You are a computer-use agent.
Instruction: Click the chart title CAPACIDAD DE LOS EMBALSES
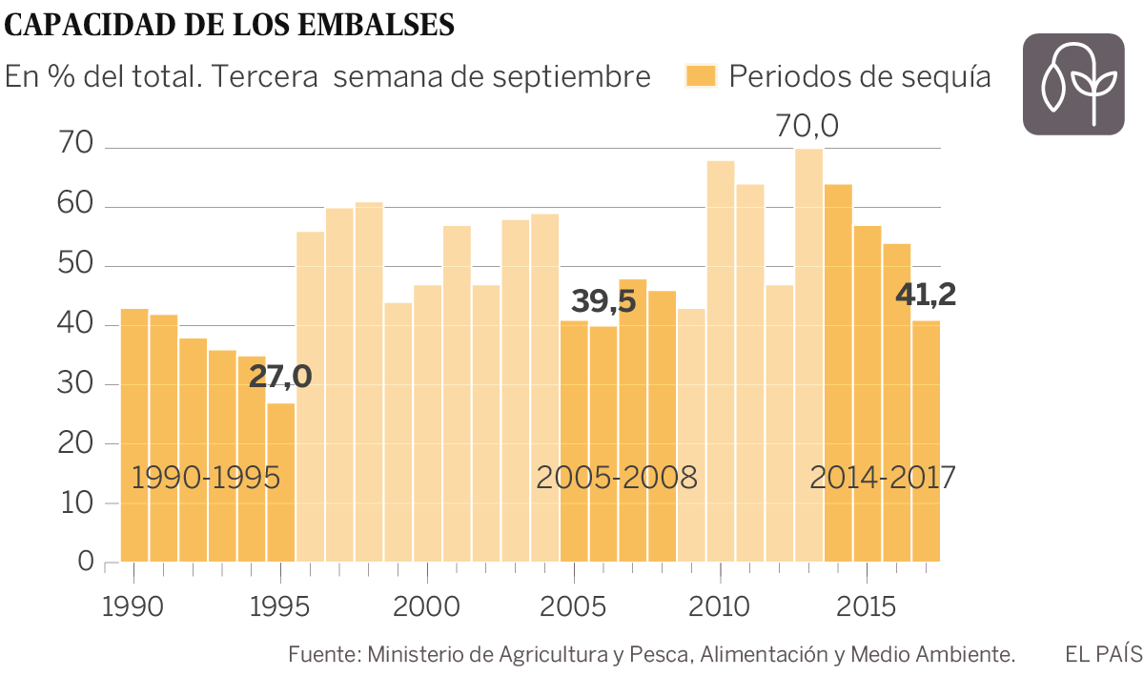(x=230, y=26)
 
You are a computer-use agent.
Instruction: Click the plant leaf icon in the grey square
(x=1072, y=84)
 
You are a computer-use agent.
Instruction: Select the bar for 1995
(x=281, y=482)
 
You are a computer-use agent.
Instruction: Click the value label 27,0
(x=280, y=377)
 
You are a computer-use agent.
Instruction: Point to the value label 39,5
(x=603, y=300)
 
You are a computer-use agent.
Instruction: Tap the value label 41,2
(x=926, y=295)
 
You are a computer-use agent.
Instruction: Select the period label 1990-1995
(x=206, y=477)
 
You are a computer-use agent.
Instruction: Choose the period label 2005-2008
(x=617, y=477)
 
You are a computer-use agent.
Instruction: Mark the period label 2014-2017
(x=882, y=477)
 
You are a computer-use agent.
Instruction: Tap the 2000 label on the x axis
(x=427, y=607)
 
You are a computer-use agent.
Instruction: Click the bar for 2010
(x=721, y=362)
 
